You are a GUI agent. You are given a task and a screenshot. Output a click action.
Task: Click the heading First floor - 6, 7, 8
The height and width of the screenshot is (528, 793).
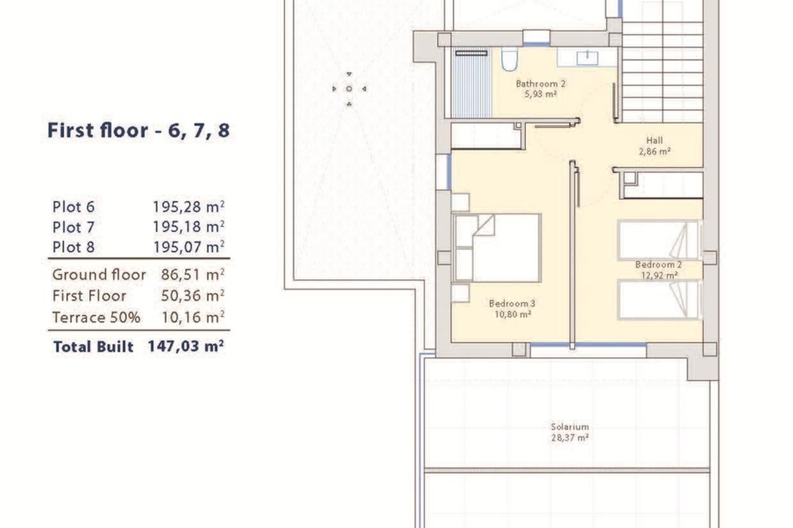coord(138,131)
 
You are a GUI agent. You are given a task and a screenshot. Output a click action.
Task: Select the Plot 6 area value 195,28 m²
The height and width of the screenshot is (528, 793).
coord(188,207)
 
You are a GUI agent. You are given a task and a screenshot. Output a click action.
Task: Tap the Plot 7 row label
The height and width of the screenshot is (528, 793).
coord(73,228)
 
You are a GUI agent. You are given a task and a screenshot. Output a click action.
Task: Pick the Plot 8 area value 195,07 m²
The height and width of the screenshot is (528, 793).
coord(189,247)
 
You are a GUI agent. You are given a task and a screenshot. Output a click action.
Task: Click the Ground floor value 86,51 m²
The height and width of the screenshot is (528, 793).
coord(192,275)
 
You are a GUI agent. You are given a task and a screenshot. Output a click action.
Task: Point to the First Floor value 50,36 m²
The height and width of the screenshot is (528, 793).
coord(192,296)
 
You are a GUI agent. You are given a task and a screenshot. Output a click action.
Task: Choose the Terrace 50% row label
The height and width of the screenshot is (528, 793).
coord(96,317)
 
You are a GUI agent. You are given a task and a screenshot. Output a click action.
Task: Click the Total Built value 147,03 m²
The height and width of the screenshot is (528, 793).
coord(186,346)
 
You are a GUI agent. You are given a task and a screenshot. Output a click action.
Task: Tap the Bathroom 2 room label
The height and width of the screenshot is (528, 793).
coord(541,84)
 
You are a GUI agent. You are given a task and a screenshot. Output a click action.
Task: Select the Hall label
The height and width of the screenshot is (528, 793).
coord(654,141)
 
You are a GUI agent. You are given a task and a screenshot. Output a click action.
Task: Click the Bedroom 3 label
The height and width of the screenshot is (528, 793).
coord(512,304)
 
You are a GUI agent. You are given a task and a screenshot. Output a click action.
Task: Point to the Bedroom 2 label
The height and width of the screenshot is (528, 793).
coord(658,265)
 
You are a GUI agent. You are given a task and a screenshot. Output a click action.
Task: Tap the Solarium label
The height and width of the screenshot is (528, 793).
coord(570,427)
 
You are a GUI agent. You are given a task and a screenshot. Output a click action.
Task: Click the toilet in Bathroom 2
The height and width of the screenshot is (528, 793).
coord(509,59)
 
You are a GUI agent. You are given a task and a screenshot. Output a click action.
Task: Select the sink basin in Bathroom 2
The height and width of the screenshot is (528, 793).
coord(587,58)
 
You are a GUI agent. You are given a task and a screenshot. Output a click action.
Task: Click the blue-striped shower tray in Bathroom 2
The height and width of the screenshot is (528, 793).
coord(472,82)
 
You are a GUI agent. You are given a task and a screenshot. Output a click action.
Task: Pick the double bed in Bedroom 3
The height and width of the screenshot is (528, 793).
coord(497,248)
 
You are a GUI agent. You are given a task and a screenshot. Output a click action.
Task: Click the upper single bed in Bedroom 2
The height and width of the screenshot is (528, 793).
coord(658,240)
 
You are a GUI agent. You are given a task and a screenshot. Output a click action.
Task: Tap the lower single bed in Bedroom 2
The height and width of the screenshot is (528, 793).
coord(658,300)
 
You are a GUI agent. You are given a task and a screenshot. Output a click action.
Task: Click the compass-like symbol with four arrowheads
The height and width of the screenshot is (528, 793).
coord(349,88)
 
